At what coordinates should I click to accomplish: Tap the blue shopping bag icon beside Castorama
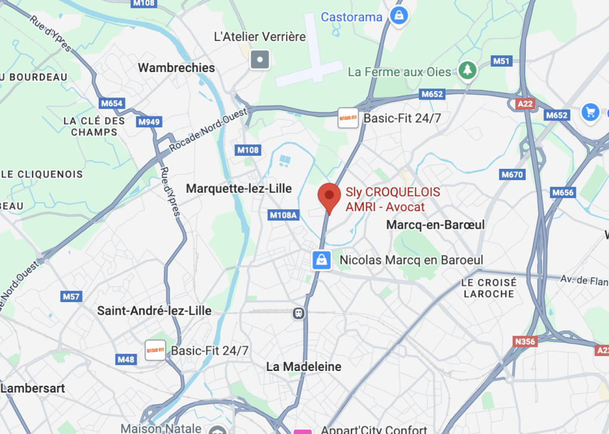(x=399, y=15)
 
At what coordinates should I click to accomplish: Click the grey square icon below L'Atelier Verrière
(x=260, y=59)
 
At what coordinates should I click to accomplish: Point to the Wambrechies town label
(x=176, y=68)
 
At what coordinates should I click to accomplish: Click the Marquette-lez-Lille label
(x=239, y=188)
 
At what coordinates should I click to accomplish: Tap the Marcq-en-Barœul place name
(x=435, y=225)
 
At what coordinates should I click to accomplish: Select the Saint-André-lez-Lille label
(x=154, y=310)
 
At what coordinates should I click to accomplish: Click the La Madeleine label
(x=304, y=367)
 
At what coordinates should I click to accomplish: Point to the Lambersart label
(x=33, y=388)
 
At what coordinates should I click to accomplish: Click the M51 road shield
(x=502, y=61)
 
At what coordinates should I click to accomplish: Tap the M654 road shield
(x=111, y=103)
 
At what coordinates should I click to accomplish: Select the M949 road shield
(x=149, y=122)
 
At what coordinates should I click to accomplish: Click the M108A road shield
(x=283, y=215)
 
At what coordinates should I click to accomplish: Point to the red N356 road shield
(x=525, y=341)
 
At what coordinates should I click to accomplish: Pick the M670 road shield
(x=512, y=175)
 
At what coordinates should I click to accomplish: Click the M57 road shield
(x=71, y=296)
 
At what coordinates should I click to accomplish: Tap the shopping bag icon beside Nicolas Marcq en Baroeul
(x=321, y=260)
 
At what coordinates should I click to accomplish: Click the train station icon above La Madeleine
(x=299, y=312)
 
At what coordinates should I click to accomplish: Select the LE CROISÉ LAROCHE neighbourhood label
(x=489, y=288)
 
